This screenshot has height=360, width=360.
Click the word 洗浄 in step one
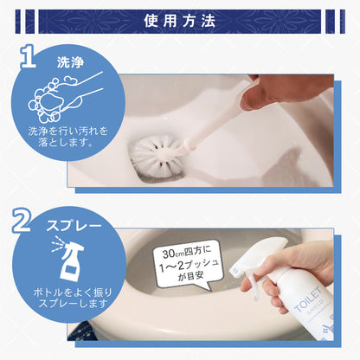pyautogui.click(x=70, y=63)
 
